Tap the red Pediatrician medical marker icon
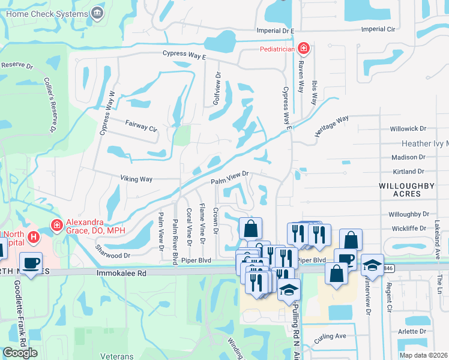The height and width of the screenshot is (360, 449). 304,47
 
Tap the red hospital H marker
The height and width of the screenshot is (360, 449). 34,237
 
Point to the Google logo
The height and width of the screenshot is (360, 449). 20,353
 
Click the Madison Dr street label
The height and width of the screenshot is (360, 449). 408,157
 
